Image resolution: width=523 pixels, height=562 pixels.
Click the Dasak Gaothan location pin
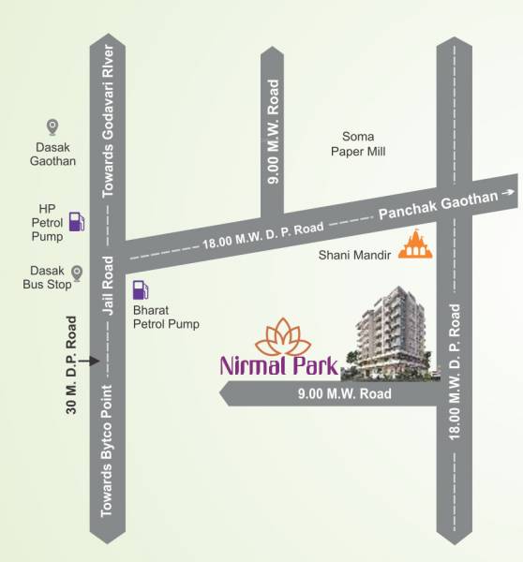(x=53, y=127)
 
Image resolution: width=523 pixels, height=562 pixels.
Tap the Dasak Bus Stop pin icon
(x=78, y=273)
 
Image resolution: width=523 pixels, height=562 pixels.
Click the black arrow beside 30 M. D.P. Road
(x=87, y=360)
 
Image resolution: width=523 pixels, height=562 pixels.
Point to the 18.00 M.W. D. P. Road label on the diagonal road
(x=262, y=235)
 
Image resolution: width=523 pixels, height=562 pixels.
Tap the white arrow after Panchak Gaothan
(x=507, y=193)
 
